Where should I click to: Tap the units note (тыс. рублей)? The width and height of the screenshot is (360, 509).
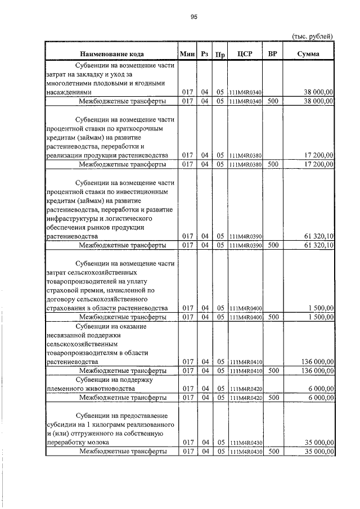(x=312, y=36)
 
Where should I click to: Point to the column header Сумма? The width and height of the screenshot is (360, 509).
(x=308, y=54)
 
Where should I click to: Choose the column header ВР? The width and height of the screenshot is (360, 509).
(x=273, y=54)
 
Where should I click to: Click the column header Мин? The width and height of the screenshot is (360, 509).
(x=187, y=54)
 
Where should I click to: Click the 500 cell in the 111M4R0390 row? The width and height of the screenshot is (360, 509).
(x=273, y=245)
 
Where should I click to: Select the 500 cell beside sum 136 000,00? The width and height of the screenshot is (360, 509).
(x=273, y=371)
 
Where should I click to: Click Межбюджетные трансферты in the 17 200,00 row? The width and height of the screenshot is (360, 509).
(x=122, y=164)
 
